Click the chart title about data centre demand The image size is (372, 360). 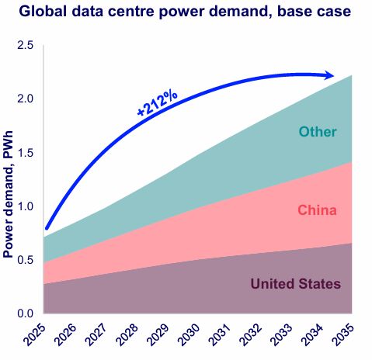click(x=186, y=12)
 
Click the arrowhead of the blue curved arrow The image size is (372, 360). click(x=329, y=75)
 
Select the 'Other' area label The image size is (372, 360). click(x=318, y=132)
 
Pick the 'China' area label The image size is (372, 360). click(x=318, y=209)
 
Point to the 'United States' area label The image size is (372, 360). click(x=295, y=284)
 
